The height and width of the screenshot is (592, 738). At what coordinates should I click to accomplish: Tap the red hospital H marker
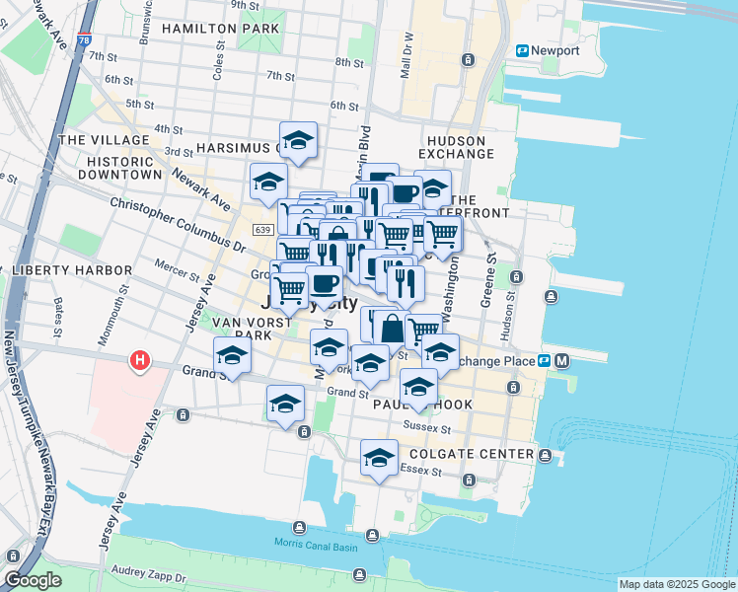(x=140, y=361)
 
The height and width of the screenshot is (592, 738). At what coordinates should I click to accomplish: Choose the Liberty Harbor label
(x=72, y=270)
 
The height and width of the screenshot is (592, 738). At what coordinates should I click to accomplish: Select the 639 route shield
(x=262, y=230)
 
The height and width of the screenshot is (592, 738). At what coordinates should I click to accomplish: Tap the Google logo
(x=34, y=580)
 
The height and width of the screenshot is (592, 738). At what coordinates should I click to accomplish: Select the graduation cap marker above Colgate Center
(x=379, y=457)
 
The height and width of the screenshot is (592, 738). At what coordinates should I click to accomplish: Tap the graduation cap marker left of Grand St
(x=232, y=354)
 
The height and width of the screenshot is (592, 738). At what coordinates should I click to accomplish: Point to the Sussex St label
(x=427, y=428)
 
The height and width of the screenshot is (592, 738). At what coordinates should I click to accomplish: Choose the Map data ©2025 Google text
(x=677, y=584)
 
